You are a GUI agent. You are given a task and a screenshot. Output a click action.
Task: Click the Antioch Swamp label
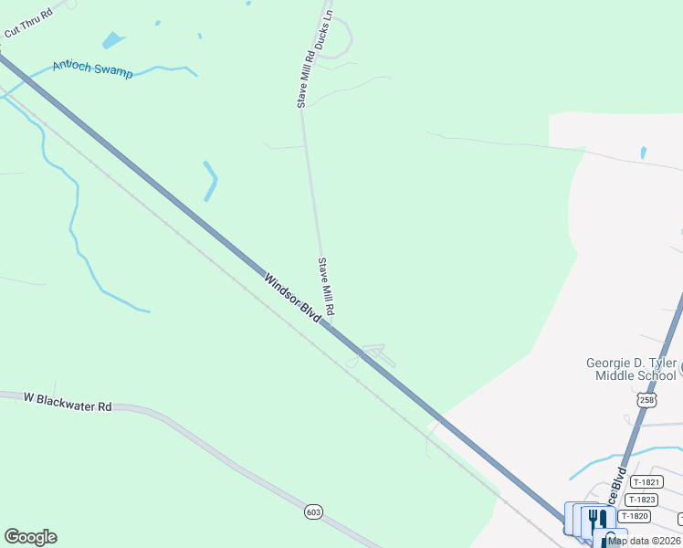[x=92, y=68]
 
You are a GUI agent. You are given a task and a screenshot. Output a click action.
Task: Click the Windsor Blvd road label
[x=293, y=296]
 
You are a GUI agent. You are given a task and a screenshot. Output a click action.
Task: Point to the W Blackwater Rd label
[x=68, y=401]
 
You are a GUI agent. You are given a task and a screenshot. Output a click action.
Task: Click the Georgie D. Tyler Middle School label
[x=631, y=369]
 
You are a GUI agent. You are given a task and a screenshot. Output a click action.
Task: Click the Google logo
[x=30, y=537]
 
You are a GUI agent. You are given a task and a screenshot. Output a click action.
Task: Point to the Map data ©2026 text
[x=645, y=541]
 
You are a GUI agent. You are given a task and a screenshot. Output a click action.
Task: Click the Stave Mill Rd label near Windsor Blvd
[x=325, y=288]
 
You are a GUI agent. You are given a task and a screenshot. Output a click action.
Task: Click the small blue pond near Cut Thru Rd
[x=112, y=40]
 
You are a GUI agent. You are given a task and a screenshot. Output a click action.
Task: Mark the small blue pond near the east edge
[x=644, y=153]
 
